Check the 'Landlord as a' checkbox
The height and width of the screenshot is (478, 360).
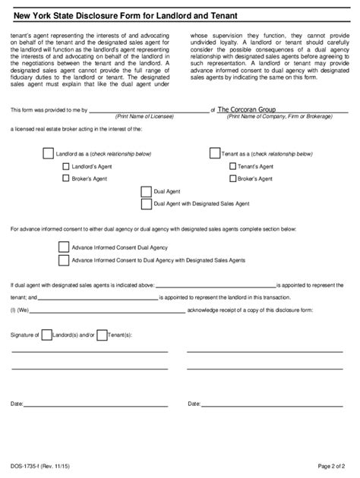[x=49, y=153]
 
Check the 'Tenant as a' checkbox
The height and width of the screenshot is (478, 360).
[x=214, y=153]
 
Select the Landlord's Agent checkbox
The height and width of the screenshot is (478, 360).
[x=65, y=165]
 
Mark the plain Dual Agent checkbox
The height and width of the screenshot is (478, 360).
[x=146, y=191]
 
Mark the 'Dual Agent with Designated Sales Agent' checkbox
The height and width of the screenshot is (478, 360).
[x=146, y=204]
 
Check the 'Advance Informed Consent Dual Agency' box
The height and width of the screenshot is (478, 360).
[x=64, y=247]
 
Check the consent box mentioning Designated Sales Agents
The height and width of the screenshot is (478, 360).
[x=64, y=259]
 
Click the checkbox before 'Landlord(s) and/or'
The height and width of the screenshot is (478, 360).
[x=47, y=335]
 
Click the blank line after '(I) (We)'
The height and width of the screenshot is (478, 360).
[x=106, y=311]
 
